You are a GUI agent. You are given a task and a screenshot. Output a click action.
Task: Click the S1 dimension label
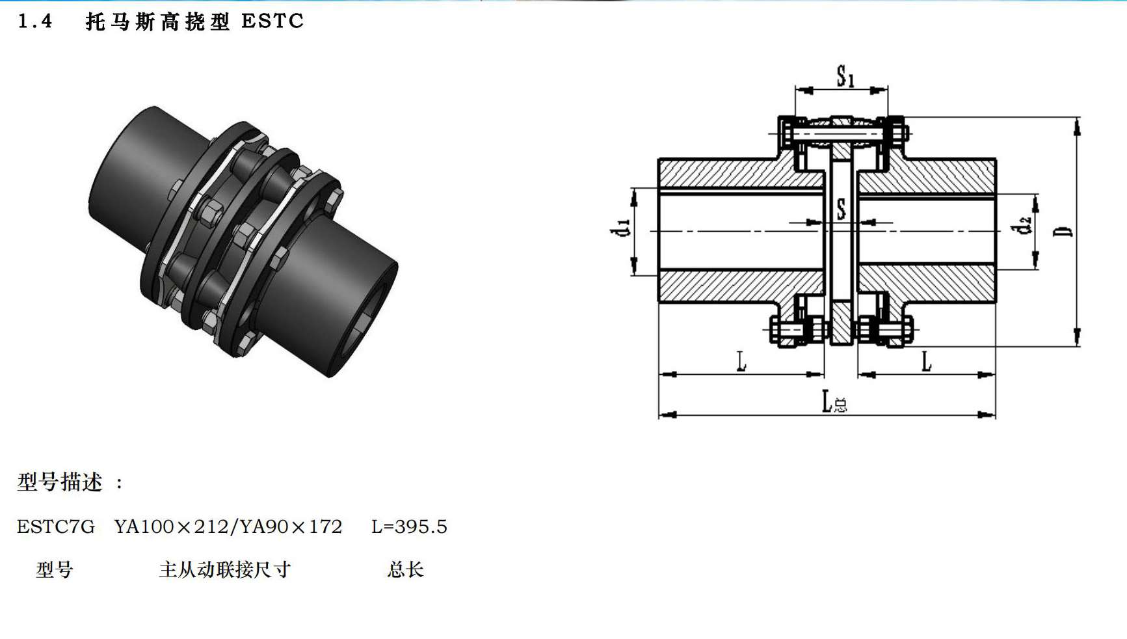pyautogui.click(x=845, y=77)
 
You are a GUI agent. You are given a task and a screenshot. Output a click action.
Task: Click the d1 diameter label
pyautogui.click(x=621, y=228)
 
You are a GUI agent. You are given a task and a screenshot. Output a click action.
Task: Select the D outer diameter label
pyautogui.click(x=1065, y=230)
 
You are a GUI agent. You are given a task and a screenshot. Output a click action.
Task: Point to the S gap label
pyautogui.click(x=842, y=209)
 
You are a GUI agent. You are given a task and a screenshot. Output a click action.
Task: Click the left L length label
pyautogui.click(x=741, y=361)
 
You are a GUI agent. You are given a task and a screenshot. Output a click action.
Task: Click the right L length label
pyautogui.click(x=927, y=361)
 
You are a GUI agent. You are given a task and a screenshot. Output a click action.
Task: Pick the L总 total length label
pyautogui.click(x=834, y=402)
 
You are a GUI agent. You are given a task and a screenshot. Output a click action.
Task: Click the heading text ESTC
pyautogui.click(x=272, y=21)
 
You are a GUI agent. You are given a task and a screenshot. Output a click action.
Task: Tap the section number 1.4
pyautogui.click(x=35, y=21)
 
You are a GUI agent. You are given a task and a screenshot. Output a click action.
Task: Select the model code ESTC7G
pyautogui.click(x=56, y=526)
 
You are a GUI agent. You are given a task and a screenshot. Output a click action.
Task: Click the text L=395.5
pyautogui.click(x=409, y=526)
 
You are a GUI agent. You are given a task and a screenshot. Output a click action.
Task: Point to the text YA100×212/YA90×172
pyautogui.click(x=228, y=526)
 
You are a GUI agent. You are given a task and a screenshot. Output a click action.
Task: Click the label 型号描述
pyautogui.click(x=60, y=482)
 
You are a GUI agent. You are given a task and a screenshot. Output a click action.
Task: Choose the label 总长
pyautogui.click(x=405, y=570)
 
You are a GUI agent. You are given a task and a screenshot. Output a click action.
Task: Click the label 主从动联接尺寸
pyautogui.click(x=224, y=570)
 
